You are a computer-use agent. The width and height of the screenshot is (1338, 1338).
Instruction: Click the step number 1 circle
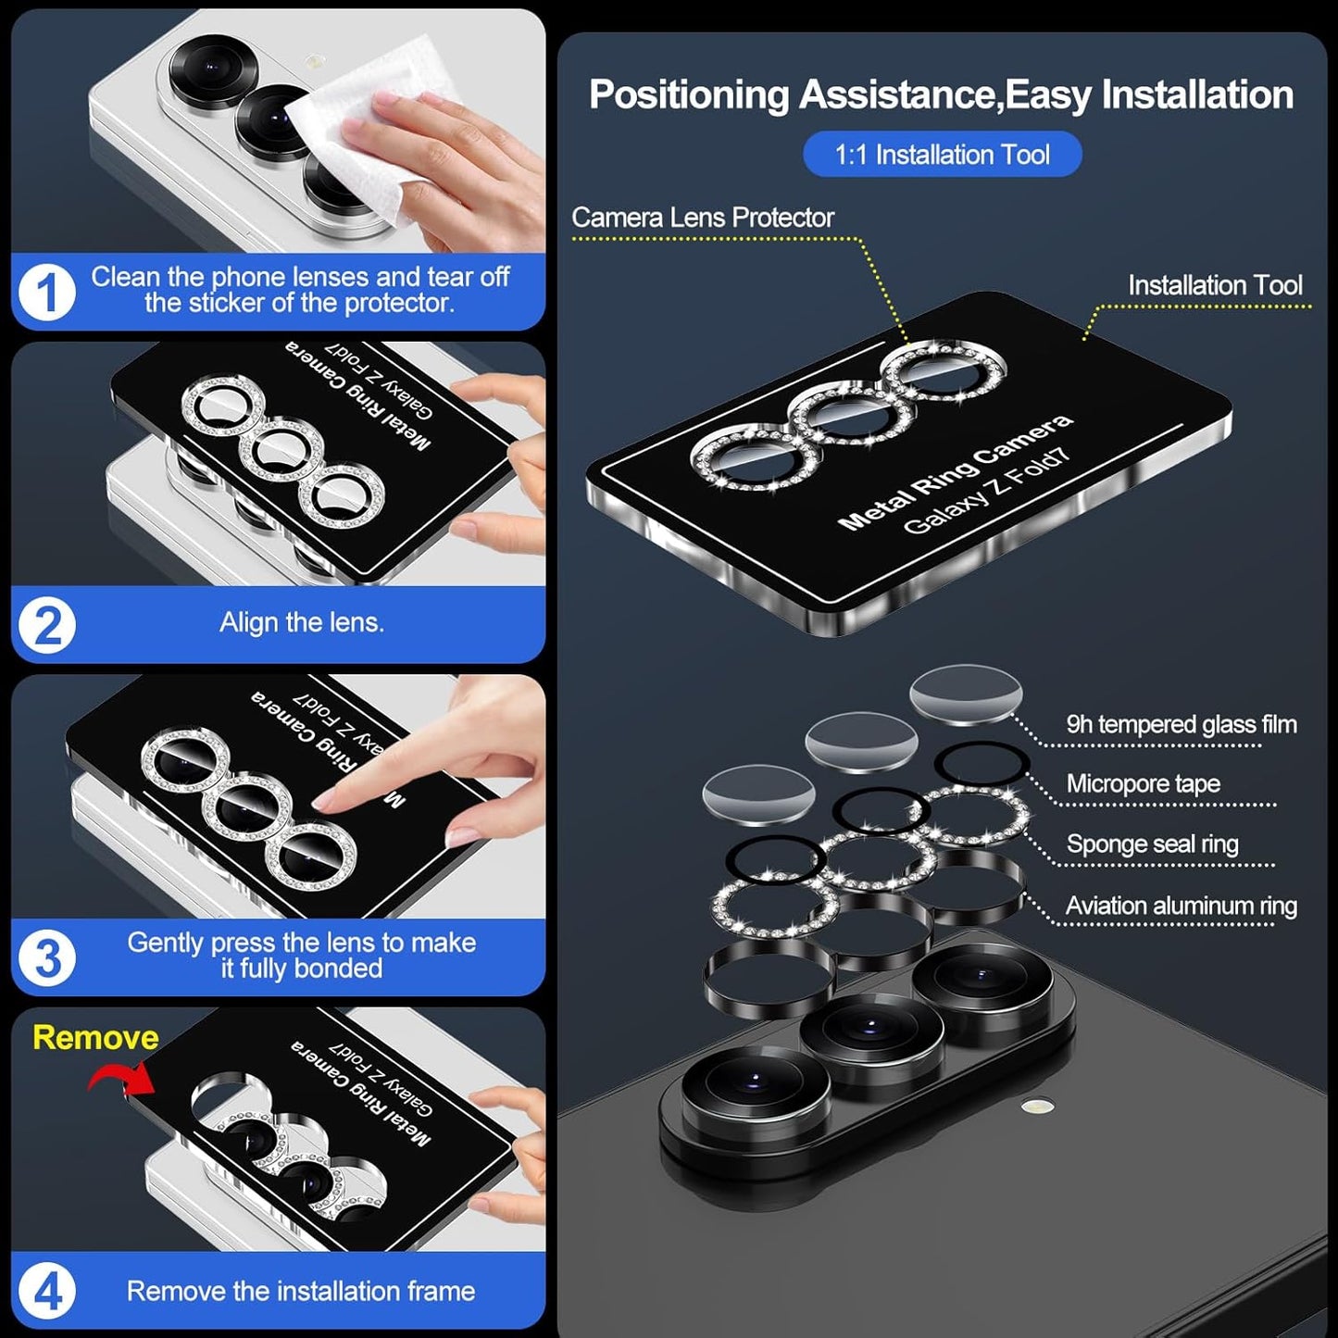click(46, 292)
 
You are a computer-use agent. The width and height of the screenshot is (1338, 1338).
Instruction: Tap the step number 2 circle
click(46, 625)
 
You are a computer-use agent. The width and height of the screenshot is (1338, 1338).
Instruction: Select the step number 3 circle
click(46, 957)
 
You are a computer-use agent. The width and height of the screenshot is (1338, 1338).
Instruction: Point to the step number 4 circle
click(46, 1291)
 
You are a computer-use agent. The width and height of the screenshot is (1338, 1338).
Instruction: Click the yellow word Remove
click(95, 1037)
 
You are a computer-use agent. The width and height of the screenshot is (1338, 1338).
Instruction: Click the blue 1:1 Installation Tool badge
click(942, 154)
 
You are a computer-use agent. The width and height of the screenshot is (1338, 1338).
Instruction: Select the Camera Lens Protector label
click(703, 218)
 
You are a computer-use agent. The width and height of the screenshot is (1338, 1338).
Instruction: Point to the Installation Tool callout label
click(1215, 285)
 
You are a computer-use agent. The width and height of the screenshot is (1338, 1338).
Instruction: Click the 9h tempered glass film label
click(1181, 724)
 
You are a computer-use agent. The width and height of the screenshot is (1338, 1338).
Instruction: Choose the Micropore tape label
click(1143, 783)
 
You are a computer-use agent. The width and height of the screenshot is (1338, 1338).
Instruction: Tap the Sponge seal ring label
click(1152, 844)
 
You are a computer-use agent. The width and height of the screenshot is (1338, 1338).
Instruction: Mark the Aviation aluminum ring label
click(1181, 906)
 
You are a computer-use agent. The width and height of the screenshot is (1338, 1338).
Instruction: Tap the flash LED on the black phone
click(1038, 1105)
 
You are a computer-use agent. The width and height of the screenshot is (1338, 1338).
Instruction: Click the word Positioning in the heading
click(689, 95)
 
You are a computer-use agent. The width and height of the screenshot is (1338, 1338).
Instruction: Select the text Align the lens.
click(301, 622)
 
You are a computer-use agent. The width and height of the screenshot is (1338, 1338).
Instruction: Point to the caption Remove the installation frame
click(301, 1291)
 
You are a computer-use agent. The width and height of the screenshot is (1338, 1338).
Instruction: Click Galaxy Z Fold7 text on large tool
click(986, 492)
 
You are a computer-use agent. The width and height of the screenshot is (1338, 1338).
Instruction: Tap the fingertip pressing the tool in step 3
click(324, 802)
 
